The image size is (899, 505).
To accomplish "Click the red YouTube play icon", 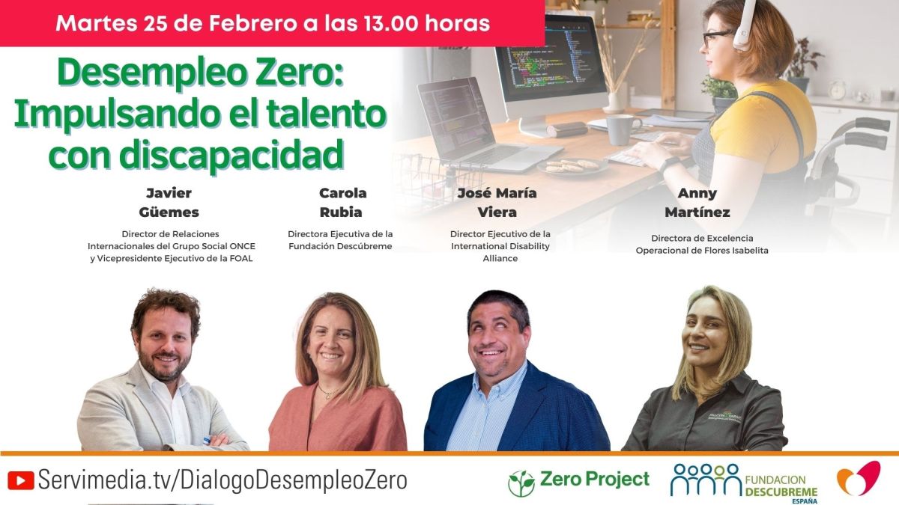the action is click(x=20, y=480).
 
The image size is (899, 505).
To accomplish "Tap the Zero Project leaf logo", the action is click(x=521, y=483).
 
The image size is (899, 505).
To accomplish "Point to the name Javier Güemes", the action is click(x=169, y=203).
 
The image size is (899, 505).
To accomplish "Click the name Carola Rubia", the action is click(x=342, y=203).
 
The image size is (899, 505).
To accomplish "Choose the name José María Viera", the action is click(x=497, y=203).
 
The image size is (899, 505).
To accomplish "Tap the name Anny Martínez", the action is click(x=697, y=203).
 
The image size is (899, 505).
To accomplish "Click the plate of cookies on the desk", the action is click(x=572, y=165).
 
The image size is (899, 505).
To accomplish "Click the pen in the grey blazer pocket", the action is click(x=207, y=441).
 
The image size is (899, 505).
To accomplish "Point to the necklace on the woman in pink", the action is click(x=328, y=393).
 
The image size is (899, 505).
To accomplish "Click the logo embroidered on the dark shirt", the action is click(x=724, y=417).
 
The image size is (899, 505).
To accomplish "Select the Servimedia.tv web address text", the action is click(x=223, y=480).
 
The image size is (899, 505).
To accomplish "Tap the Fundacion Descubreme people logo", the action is click(x=704, y=479).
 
